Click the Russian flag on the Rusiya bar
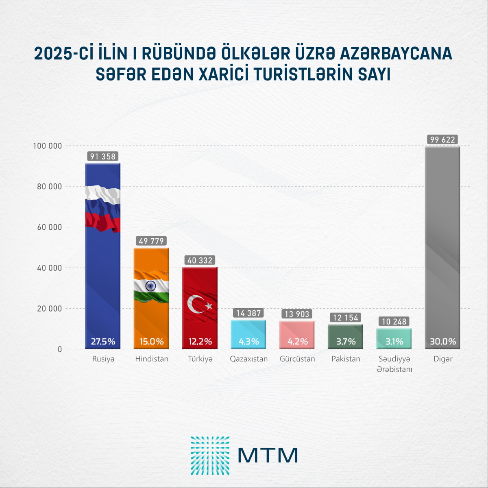point(102,209)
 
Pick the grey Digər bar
point(442,244)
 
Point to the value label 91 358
point(103,157)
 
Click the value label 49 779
point(151,241)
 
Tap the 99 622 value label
point(443,139)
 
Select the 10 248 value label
point(394,322)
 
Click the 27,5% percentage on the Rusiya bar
point(103,342)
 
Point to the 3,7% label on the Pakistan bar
point(346,342)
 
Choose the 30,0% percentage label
point(443,342)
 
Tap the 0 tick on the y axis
point(60,349)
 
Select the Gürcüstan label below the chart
point(297,359)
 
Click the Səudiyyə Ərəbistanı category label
point(394,364)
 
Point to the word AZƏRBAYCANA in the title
point(396,54)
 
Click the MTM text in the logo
point(268,455)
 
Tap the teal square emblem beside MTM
point(210,455)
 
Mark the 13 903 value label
point(297,314)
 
